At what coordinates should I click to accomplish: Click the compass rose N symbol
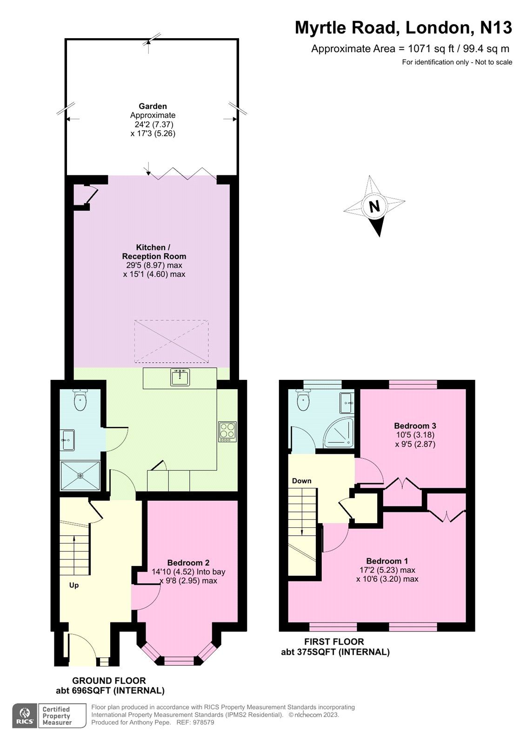(x=374, y=206)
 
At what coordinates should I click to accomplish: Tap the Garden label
(x=153, y=106)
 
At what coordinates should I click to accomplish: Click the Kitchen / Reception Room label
(x=154, y=252)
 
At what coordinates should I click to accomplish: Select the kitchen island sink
(x=180, y=377)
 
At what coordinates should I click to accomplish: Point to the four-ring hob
(x=227, y=432)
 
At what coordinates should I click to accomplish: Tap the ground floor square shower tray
(x=80, y=475)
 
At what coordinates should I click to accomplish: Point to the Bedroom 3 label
(x=415, y=425)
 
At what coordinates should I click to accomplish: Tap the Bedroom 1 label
(x=387, y=561)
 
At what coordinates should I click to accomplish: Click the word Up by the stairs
(x=74, y=585)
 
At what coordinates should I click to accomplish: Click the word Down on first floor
(x=301, y=481)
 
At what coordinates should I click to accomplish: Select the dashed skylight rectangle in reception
(x=171, y=341)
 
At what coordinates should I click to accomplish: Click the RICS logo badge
(x=24, y=715)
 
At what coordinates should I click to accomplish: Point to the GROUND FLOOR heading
(x=109, y=681)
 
